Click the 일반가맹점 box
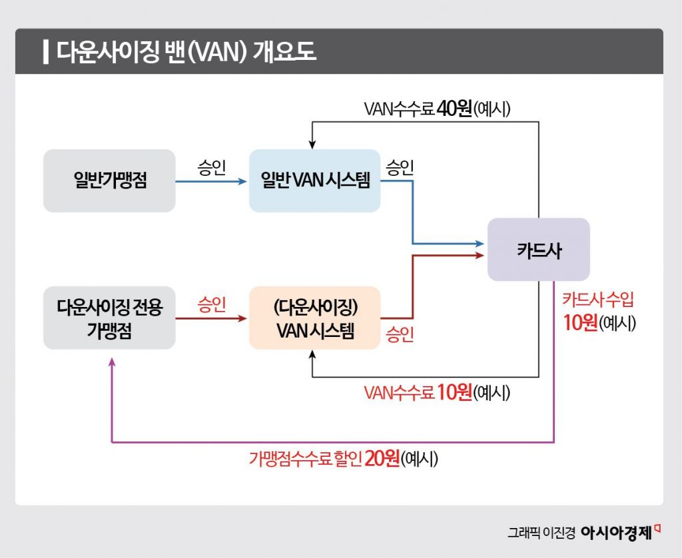coord(110,181)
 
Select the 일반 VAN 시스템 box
coord(314,181)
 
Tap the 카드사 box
coord(538,250)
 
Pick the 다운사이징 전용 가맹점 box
coord(110,318)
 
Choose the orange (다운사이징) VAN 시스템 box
coord(314,318)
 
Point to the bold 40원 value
coord(454,109)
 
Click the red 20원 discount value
coord(382,459)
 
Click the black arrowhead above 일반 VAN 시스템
coord(312,143)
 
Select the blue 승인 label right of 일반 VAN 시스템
coord(400,167)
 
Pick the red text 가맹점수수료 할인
coord(306,459)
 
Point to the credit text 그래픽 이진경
coord(541,533)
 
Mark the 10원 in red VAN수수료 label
coord(454,393)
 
